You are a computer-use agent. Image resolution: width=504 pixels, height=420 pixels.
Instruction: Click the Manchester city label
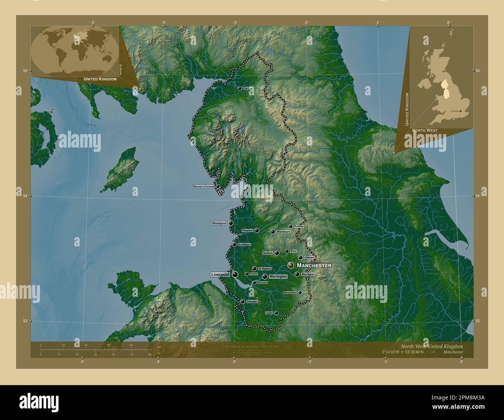pyautogui.click(x=314, y=265)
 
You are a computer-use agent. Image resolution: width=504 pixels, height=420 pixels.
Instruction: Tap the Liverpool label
pyautogui.click(x=220, y=274)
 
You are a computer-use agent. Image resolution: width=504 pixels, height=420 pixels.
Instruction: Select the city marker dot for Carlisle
pyautogui.click(x=240, y=88)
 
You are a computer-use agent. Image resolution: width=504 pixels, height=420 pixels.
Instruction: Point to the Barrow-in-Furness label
pyautogui.click(x=204, y=186)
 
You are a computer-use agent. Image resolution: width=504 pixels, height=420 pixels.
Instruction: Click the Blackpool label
pyautogui.click(x=219, y=223)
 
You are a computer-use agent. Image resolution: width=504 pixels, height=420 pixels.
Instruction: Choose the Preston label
pyautogui.click(x=247, y=231)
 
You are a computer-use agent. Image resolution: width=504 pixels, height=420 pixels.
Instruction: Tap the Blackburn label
pyautogui.click(x=283, y=232)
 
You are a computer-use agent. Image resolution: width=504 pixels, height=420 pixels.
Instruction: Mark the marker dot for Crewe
pyautogui.click(x=276, y=313)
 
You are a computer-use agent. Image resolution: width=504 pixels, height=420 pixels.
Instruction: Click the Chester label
pyautogui.click(x=252, y=301)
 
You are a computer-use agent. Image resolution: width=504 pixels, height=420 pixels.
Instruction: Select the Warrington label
pyautogui.click(x=278, y=277)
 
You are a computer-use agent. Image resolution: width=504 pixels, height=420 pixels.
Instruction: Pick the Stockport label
pyautogui.click(x=308, y=274)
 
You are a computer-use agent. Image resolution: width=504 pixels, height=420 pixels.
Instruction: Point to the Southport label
pyautogui.click(x=244, y=244)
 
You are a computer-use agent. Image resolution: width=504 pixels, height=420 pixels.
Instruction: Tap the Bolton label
pyautogui.click(x=268, y=253)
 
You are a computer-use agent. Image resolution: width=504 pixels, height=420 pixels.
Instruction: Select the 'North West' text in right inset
pyautogui.click(x=425, y=131)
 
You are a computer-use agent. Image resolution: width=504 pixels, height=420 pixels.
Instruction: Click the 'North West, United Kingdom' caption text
pyautogui.click(x=432, y=346)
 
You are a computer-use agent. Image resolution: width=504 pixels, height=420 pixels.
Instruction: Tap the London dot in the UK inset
pyautogui.click(x=460, y=111)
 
